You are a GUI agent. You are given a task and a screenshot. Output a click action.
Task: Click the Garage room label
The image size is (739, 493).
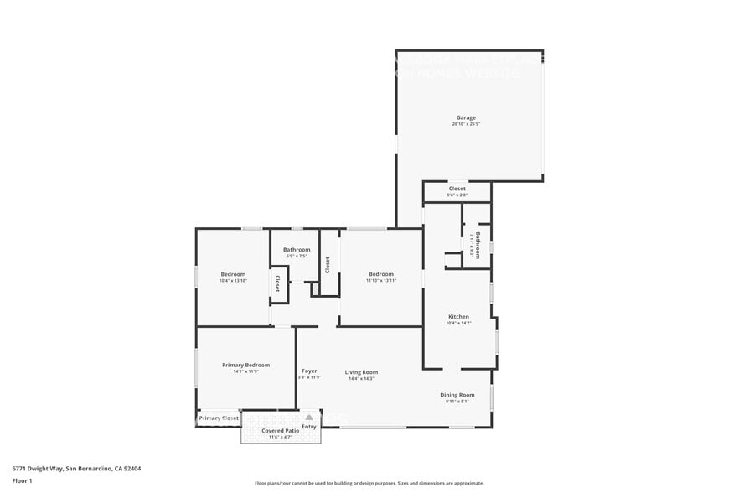point(466,117)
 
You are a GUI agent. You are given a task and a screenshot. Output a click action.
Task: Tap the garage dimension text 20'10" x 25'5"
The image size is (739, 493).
point(466,124)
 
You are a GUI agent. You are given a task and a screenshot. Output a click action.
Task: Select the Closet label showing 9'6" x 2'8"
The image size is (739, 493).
point(457,189)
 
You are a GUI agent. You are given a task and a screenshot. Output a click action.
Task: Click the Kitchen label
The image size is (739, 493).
point(457,316)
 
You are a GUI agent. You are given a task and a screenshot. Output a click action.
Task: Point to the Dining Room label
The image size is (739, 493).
point(457,395)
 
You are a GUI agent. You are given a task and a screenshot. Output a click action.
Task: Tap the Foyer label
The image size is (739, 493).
point(309,371)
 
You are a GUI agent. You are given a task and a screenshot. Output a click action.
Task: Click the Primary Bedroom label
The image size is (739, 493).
point(245,365)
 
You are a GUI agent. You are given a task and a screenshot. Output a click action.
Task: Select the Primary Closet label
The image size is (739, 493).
point(219,418)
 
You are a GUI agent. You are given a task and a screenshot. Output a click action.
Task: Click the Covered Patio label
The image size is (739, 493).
point(279,431)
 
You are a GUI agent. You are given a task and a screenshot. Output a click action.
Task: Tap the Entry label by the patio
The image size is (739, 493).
point(309,427)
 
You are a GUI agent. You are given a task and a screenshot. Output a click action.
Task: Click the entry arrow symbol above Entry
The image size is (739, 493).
point(309,417)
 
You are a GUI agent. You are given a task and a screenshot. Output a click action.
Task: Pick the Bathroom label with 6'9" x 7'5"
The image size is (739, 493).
point(297,249)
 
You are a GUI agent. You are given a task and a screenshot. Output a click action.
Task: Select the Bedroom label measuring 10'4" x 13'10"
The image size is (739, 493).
point(233,274)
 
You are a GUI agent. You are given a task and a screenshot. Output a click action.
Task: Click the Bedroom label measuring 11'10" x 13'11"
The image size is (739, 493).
point(381,274)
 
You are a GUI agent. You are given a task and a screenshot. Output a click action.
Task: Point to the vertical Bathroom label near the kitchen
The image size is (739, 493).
point(478,245)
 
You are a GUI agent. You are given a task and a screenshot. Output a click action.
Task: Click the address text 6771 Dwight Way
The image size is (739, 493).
point(76,469)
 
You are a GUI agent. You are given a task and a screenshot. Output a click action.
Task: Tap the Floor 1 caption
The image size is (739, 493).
point(22,480)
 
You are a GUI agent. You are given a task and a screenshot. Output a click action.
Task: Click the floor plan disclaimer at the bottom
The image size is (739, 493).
point(369,483)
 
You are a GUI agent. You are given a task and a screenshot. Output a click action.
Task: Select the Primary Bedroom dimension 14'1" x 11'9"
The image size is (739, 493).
point(245,371)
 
